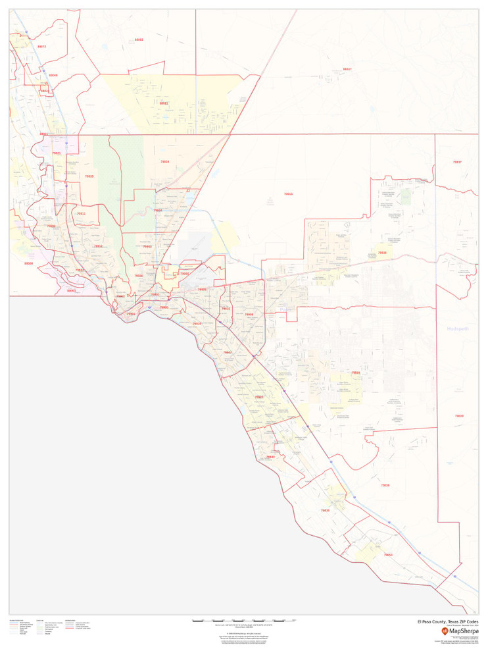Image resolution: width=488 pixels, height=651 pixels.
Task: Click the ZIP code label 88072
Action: (42, 47)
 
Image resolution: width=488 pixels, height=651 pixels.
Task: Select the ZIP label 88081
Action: (164, 103)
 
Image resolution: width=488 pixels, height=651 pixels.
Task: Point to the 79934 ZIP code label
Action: (164, 161)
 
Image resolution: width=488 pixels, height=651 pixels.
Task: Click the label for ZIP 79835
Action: (89, 176)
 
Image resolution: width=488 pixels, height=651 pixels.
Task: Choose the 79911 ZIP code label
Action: (81, 214)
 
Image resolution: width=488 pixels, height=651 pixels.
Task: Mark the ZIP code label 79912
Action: (98, 246)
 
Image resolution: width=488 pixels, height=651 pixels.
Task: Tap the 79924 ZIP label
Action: (158, 211)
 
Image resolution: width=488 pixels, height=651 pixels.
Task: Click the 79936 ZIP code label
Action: (249, 315)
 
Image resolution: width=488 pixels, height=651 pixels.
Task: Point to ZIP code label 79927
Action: (259, 397)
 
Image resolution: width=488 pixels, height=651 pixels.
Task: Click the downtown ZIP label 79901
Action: (131, 314)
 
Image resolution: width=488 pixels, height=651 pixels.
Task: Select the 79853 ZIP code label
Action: (387, 555)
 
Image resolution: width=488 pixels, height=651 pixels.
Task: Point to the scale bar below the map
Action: (243, 621)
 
